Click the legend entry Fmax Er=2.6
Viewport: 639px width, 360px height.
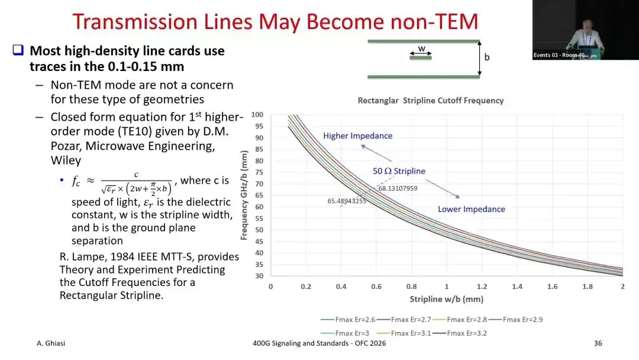[x=348, y=320]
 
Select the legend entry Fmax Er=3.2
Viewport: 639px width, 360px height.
[x=459, y=333]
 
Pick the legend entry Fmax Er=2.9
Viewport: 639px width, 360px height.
[x=515, y=320]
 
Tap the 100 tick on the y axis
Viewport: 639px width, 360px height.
[x=257, y=114]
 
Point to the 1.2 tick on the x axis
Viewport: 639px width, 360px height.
[x=482, y=287]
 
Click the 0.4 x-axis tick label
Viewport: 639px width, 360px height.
[x=341, y=287]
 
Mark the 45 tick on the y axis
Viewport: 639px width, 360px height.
[x=259, y=242]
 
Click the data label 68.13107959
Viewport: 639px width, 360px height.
[x=398, y=188]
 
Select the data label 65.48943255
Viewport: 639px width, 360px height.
[x=347, y=201]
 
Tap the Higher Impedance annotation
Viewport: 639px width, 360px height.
[x=358, y=136]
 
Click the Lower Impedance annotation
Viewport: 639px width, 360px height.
[x=472, y=209]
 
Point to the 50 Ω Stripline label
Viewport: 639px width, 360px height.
[x=399, y=171]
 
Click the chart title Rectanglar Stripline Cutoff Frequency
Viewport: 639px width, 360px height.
[x=431, y=101]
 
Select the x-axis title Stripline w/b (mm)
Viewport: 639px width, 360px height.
[x=447, y=299]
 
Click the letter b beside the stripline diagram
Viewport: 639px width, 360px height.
[x=486, y=57]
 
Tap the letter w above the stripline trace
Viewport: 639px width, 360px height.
[x=421, y=49]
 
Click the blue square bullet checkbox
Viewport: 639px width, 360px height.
[x=18, y=50]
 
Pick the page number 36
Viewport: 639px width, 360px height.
[x=598, y=343]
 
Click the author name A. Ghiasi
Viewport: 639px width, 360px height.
[x=51, y=343]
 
